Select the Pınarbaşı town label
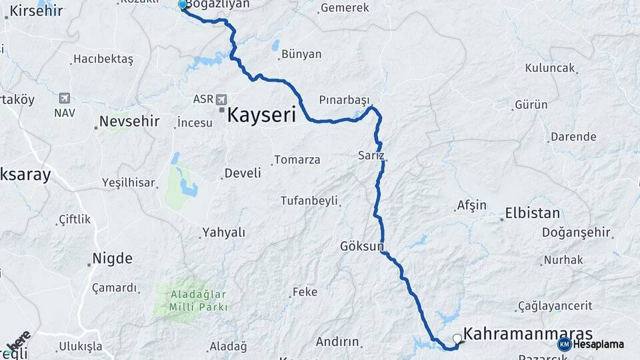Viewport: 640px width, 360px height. point(344,99)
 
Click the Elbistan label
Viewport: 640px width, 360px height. point(533,214)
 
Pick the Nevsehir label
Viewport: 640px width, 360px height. point(129,121)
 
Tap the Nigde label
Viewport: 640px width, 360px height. point(112,258)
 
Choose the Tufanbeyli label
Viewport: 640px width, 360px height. point(309,200)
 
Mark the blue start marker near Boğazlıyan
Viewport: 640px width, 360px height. point(183,5)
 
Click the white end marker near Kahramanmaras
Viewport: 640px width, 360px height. point(457,338)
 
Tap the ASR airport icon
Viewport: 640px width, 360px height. point(221,99)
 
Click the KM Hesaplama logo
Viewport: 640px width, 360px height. point(591,344)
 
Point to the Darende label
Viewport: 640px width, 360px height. point(573,137)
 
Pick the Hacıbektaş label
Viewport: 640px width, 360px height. point(103,59)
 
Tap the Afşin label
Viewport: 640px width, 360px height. point(472,205)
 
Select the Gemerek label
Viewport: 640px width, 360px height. point(345,8)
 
